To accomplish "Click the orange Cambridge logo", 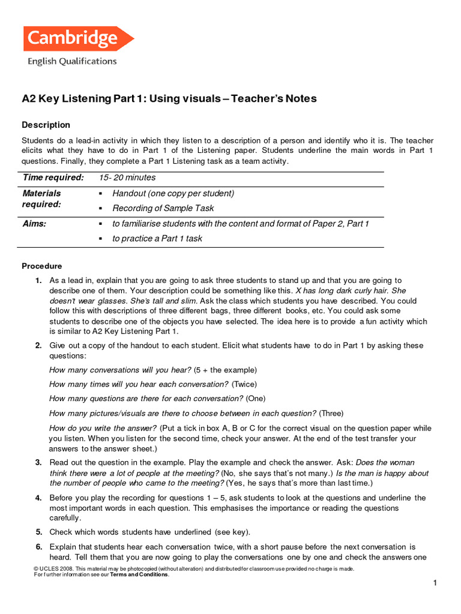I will click(78, 39).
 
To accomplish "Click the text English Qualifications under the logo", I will click(71, 61).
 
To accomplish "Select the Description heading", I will click(46, 125).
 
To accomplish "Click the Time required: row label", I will click(53, 177).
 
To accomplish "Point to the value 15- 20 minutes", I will click(127, 177).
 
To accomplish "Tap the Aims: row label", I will click(34, 224).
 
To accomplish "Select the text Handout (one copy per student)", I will click(173, 194).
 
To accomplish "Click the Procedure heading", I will click(41, 266).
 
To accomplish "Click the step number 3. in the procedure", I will click(38, 462).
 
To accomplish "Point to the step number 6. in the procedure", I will click(38, 547).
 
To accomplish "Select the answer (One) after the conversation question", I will click(255, 399).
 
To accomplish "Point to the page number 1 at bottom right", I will click(435, 583).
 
